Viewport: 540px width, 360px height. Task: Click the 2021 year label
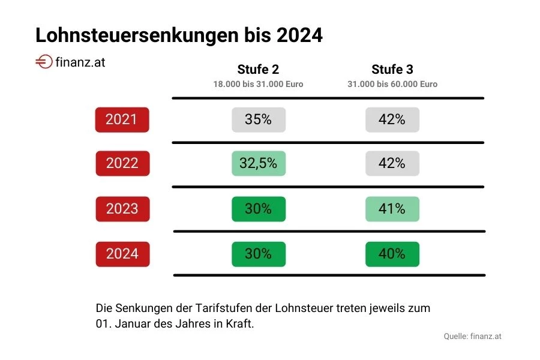[x=122, y=119]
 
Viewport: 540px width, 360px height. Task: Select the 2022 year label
[x=122, y=163]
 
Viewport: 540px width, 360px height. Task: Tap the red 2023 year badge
[x=122, y=209]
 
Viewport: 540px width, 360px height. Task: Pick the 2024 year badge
[x=122, y=254]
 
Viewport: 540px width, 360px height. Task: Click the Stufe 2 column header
[x=258, y=69]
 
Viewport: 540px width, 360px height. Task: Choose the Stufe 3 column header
[x=392, y=69]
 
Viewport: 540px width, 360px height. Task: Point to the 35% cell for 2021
[x=259, y=119]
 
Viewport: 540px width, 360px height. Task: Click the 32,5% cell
[x=259, y=163]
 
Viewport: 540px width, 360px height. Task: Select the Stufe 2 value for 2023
[x=259, y=209]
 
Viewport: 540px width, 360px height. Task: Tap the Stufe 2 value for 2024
[x=259, y=254]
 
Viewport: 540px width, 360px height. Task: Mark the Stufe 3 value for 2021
[x=392, y=119]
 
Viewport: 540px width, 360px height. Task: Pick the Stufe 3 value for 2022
[x=392, y=163]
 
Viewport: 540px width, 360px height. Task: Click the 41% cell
[x=392, y=209]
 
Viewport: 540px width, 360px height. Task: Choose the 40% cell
[x=392, y=254]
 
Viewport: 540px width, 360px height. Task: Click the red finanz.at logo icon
[x=44, y=62]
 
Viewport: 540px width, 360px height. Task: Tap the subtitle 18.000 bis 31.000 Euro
[x=258, y=85]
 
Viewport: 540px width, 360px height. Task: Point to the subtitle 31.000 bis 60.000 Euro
[x=392, y=85]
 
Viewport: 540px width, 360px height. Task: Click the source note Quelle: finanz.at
[x=472, y=336]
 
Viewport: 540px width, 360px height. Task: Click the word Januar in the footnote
[x=130, y=323]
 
